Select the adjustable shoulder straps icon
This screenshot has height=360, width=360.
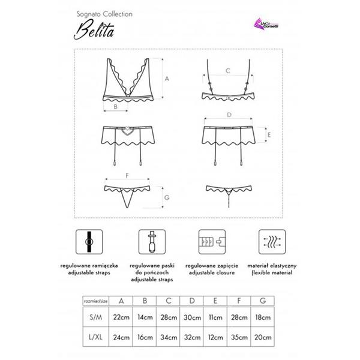(89, 242)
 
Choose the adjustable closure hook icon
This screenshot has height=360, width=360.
(211, 242)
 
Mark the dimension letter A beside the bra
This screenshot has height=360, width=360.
(167, 79)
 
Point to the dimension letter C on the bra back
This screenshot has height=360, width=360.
(227, 71)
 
